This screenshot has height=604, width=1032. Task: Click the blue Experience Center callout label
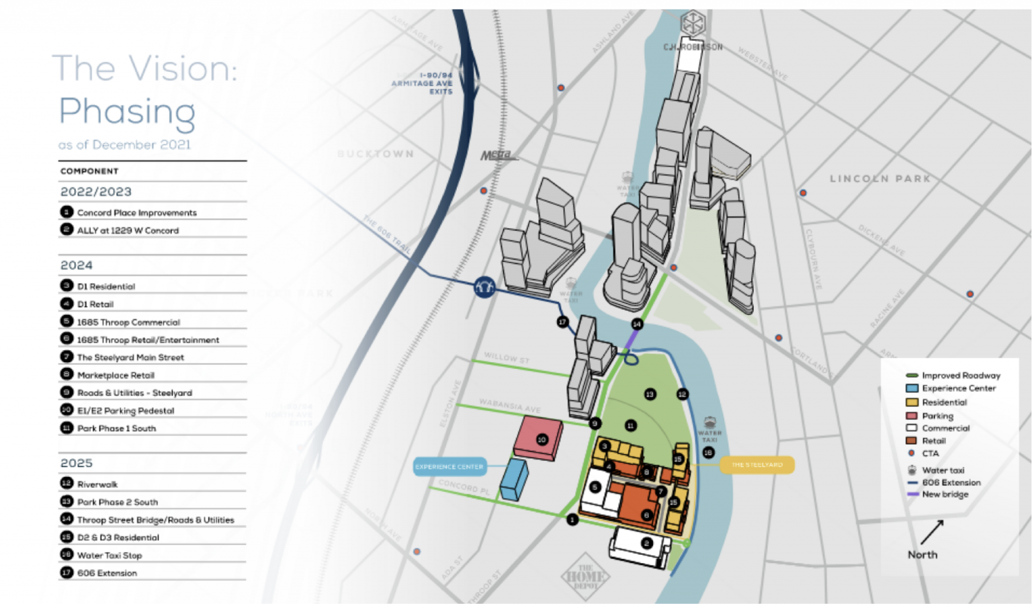pos(449,466)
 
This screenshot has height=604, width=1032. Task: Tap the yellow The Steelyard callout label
pos(757,465)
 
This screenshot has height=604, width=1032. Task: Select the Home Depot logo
pos(585,576)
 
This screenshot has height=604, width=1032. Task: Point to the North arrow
pos(931,531)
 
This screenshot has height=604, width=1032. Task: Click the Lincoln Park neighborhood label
pos(880,179)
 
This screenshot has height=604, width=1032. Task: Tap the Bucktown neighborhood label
pos(376,154)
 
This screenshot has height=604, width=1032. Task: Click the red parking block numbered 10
pos(539,438)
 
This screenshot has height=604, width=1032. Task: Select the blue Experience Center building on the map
pos(515,480)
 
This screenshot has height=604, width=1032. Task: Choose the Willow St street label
pos(507,357)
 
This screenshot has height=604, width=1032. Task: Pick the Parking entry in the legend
pos(937,416)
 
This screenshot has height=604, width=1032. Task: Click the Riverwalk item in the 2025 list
pos(97,484)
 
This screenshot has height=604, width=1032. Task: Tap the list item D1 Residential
pos(106,286)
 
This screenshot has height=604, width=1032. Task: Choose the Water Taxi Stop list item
pos(110,556)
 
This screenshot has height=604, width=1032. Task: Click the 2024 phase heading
pos(77,265)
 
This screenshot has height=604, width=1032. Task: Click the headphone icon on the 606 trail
pos(484,287)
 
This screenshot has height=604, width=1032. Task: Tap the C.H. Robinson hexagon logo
pos(693,24)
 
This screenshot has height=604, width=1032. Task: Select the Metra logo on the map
pos(497,156)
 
